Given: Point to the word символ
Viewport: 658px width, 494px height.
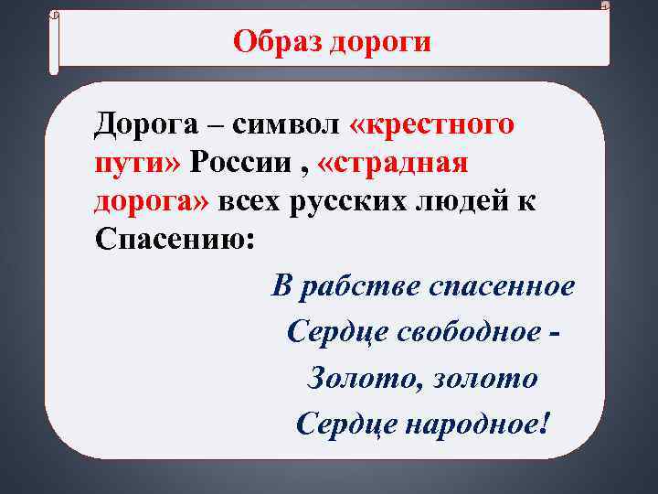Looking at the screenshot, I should pos(283,124).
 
